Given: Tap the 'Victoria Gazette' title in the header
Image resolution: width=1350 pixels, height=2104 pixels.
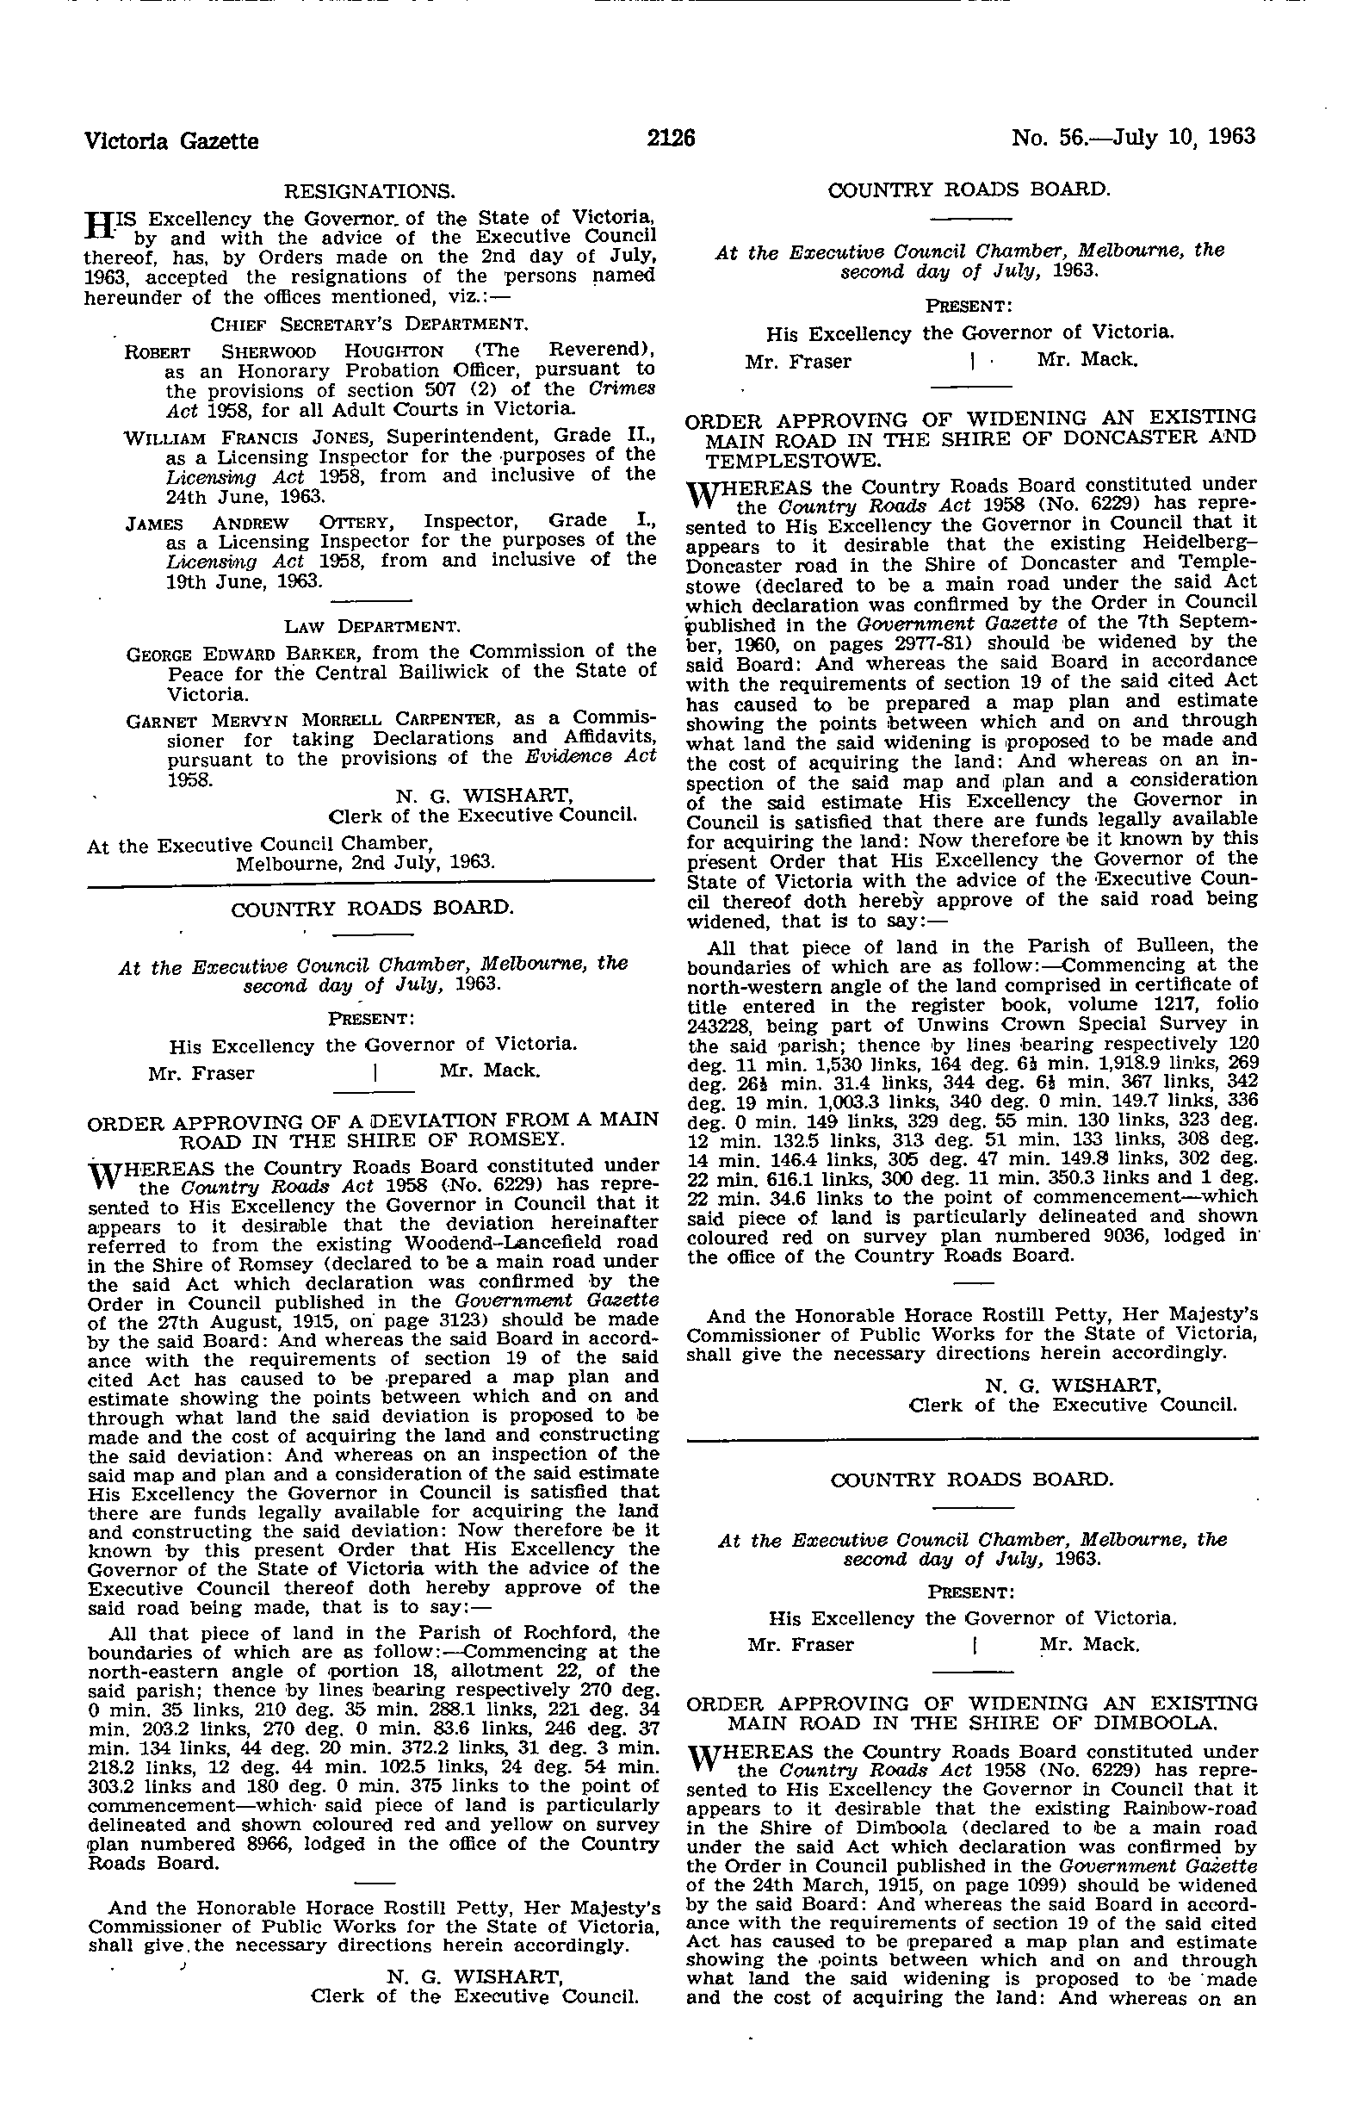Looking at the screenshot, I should [x=171, y=140].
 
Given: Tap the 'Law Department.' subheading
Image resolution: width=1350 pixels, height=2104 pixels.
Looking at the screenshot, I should [x=373, y=626].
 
